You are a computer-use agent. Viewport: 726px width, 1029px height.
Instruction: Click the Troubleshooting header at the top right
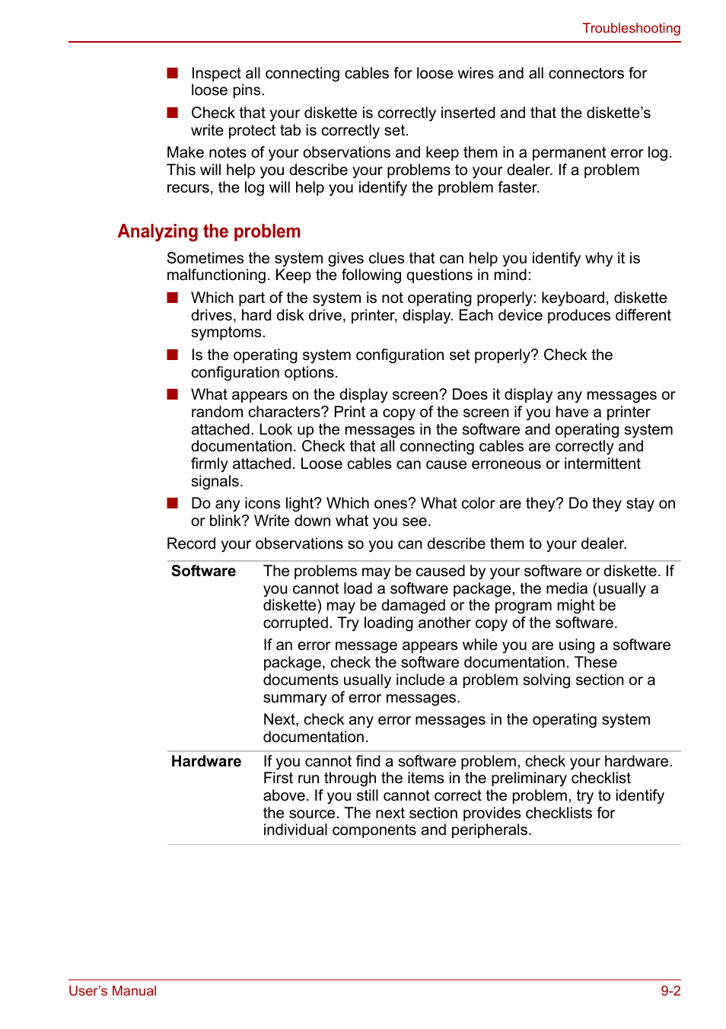click(631, 28)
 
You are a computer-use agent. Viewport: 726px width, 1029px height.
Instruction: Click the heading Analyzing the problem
click(209, 231)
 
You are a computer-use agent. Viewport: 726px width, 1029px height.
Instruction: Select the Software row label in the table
click(203, 572)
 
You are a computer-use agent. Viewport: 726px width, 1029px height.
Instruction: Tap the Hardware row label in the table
click(206, 762)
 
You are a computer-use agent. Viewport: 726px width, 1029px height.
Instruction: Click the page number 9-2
click(670, 991)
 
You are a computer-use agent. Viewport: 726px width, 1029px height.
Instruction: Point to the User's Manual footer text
click(113, 991)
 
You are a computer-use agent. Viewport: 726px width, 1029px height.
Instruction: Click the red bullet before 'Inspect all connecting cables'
click(173, 73)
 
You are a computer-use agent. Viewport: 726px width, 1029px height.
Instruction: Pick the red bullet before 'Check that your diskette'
click(173, 113)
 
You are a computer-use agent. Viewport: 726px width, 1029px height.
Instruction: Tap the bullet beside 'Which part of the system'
click(173, 298)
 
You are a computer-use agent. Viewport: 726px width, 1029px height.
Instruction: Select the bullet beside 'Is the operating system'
click(173, 355)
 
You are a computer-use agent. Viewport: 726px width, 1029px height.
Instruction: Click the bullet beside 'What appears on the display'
click(173, 394)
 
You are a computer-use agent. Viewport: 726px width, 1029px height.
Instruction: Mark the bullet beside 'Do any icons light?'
click(173, 503)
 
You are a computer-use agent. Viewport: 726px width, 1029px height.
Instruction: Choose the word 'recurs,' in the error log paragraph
click(190, 188)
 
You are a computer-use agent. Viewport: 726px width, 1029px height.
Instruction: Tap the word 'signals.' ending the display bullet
click(217, 482)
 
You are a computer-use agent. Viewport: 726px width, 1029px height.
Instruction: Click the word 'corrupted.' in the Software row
click(298, 623)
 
